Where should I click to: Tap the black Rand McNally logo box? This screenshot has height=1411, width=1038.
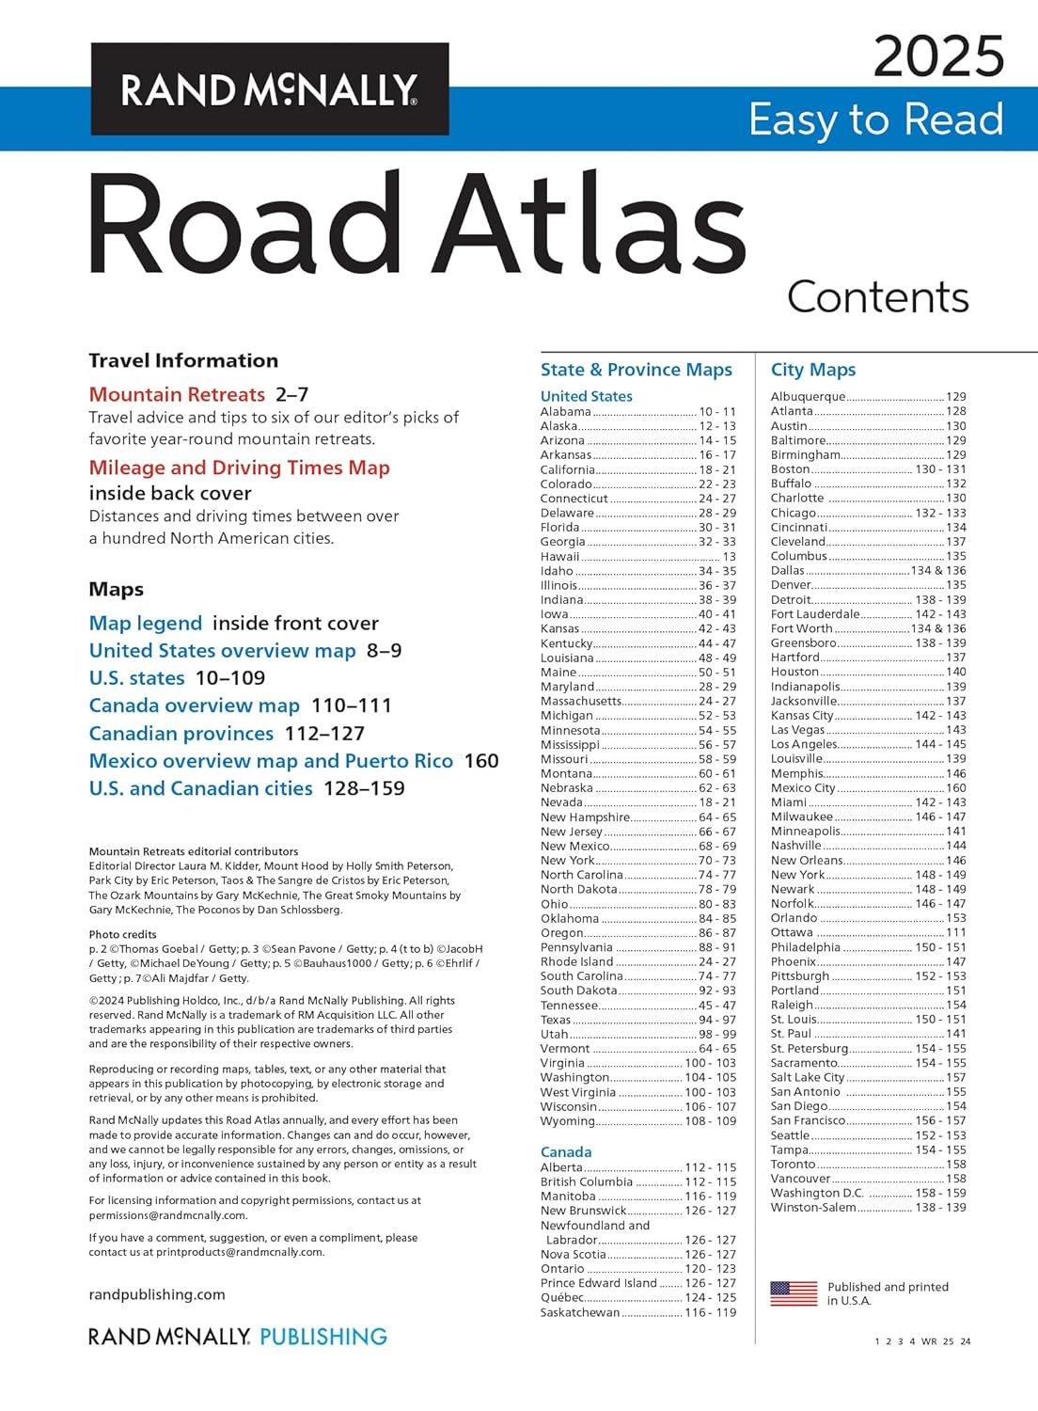click(x=270, y=89)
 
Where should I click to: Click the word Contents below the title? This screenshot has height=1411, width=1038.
click(x=877, y=297)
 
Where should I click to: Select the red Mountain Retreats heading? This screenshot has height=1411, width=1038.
click(x=177, y=394)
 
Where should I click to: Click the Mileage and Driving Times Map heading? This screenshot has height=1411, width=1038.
click(x=239, y=468)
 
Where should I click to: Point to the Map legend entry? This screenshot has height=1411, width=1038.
click(x=146, y=624)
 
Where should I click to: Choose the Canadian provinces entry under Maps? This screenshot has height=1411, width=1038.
click(x=181, y=734)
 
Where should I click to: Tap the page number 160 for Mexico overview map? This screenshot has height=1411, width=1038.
click(x=481, y=761)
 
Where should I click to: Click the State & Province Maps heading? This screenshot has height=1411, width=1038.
click(x=636, y=370)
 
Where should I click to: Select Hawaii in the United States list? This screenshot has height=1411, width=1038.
click(x=559, y=557)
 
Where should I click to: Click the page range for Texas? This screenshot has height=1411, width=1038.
click(x=717, y=1020)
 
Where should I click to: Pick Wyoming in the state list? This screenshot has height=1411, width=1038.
click(x=567, y=1121)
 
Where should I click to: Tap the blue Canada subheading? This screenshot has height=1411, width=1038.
click(x=566, y=1152)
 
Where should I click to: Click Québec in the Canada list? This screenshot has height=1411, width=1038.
click(x=562, y=1297)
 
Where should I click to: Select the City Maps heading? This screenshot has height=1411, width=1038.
click(x=813, y=370)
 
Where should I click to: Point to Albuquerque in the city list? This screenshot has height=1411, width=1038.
click(x=808, y=397)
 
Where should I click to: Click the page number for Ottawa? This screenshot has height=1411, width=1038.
click(x=956, y=932)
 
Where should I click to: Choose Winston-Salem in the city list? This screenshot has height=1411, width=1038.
click(x=813, y=1208)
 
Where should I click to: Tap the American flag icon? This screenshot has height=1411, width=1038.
click(x=794, y=1293)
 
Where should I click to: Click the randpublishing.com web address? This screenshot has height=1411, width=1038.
click(x=157, y=1294)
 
